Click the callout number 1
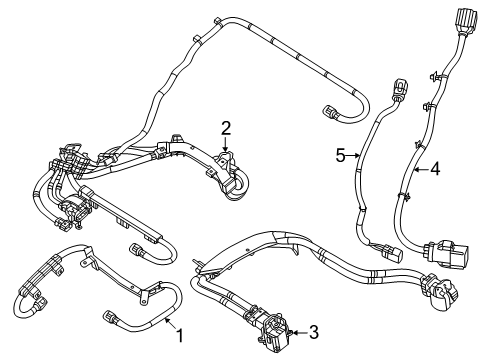click(x=180, y=324)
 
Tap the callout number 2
click(x=226, y=127)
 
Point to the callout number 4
click(x=434, y=169)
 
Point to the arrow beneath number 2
click(x=226, y=146)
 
